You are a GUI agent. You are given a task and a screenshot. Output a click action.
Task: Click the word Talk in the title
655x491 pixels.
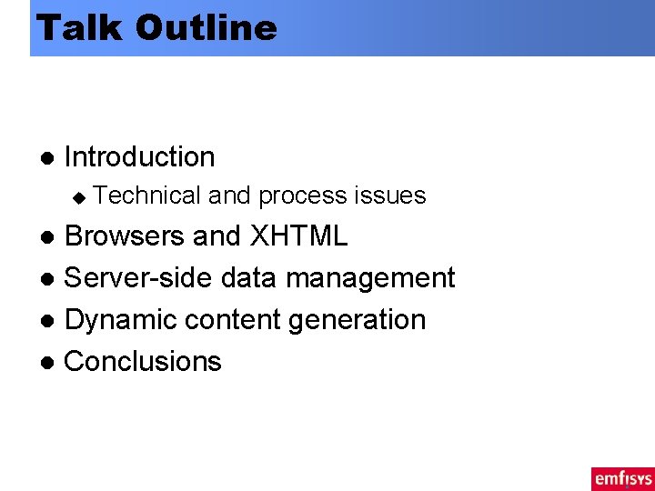point(78,27)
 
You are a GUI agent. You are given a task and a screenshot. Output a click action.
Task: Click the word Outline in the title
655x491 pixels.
point(206,27)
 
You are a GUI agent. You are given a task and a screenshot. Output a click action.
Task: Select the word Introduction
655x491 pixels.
point(140,157)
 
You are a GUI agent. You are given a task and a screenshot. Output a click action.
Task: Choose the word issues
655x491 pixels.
point(389,195)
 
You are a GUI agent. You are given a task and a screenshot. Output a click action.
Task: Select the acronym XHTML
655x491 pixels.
point(298,236)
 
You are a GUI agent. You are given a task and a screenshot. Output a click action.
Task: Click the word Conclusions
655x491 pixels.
point(143,362)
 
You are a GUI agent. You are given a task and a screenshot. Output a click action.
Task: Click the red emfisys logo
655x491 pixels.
point(622,478)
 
